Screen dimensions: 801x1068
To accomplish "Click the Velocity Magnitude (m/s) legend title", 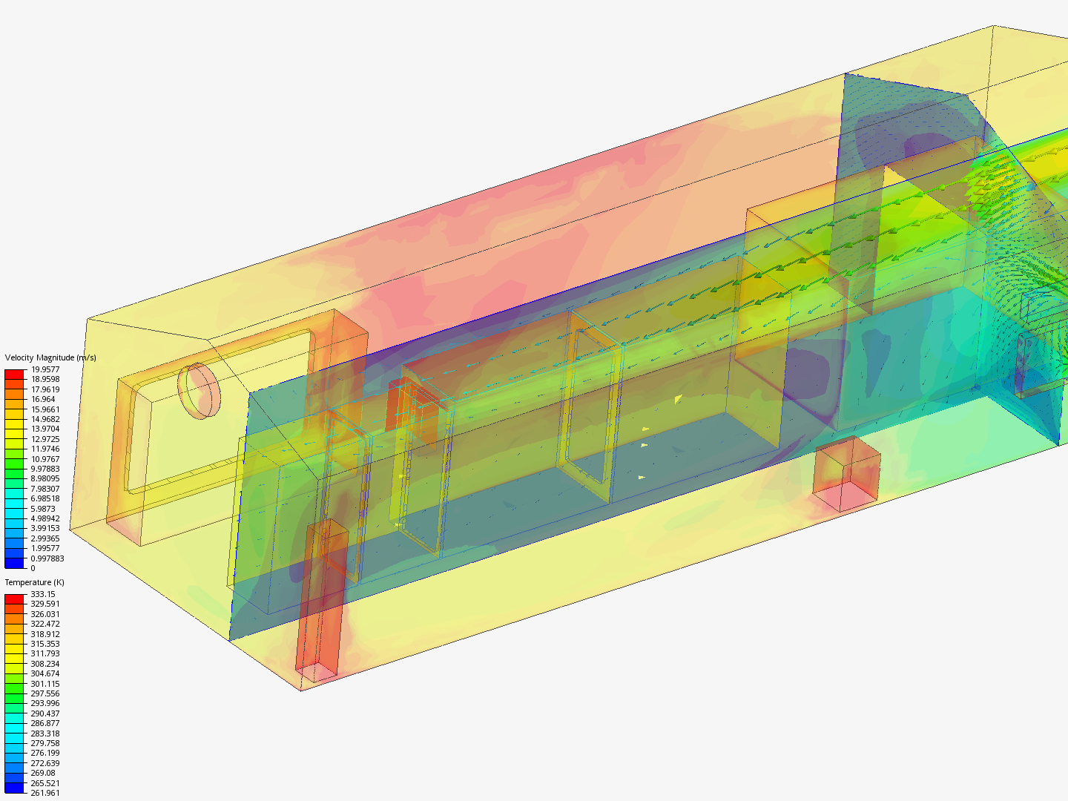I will [x=50, y=357].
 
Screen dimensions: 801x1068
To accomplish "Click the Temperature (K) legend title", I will [x=34, y=582].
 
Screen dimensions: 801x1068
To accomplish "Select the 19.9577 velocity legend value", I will [x=44, y=369].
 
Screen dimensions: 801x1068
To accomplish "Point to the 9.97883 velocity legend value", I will [x=44, y=469].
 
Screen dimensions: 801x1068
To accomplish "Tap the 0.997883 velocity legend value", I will [x=47, y=558].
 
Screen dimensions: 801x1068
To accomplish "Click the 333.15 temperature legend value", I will [x=42, y=594].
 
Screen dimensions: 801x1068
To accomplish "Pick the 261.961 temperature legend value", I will [x=44, y=793].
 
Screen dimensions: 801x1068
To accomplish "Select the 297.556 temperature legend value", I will [x=44, y=693].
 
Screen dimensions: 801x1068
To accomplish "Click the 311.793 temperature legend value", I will [x=44, y=653].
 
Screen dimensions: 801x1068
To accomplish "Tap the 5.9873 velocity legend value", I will [x=42, y=509].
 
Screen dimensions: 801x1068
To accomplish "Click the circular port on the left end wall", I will [x=199, y=391].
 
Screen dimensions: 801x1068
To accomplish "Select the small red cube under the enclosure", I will [x=846, y=475].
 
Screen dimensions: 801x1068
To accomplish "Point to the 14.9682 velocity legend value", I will [x=44, y=419].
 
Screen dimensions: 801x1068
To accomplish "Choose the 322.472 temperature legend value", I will [x=44, y=624].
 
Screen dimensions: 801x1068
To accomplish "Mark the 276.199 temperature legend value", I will [x=44, y=753].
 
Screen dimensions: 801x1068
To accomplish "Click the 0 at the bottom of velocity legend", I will [x=33, y=568].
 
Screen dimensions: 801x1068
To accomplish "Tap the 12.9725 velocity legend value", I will [x=44, y=439].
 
